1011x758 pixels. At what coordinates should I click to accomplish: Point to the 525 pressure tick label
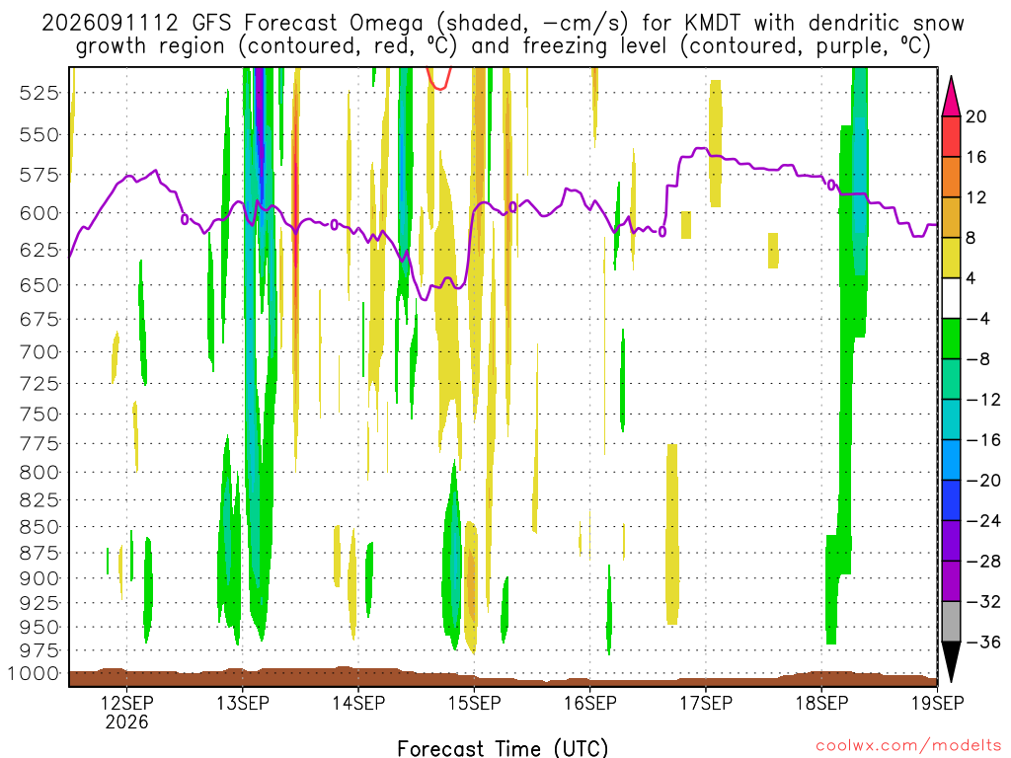click(39, 94)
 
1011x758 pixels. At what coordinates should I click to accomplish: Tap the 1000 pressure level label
click(34, 674)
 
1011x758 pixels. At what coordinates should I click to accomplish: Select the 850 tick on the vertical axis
click(39, 527)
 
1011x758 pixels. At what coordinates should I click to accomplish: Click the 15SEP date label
click(475, 703)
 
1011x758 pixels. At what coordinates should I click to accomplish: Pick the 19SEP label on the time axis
click(938, 703)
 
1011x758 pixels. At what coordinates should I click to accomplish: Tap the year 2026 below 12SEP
click(126, 721)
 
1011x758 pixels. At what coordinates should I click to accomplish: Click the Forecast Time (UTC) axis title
click(503, 748)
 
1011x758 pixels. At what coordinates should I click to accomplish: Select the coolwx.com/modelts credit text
click(908, 746)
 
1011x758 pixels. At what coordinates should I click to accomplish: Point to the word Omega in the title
click(386, 24)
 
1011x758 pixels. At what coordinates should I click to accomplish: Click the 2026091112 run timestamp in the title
click(110, 24)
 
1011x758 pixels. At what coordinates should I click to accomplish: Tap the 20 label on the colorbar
click(975, 116)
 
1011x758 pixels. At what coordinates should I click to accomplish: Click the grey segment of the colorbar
click(951, 622)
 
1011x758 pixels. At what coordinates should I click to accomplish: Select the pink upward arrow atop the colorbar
click(951, 96)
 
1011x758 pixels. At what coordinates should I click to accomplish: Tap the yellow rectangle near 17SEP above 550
click(715, 143)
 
